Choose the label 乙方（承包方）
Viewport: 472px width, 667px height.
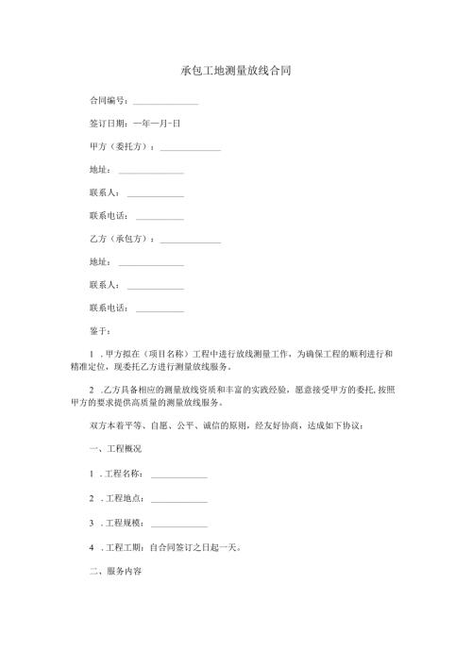click(121, 239)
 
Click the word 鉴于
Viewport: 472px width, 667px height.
click(98, 331)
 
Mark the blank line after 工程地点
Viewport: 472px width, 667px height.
click(178, 500)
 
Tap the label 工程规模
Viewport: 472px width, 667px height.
click(123, 523)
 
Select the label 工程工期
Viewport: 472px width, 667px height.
click(123, 547)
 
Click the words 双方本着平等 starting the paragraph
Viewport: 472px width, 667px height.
click(118, 424)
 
